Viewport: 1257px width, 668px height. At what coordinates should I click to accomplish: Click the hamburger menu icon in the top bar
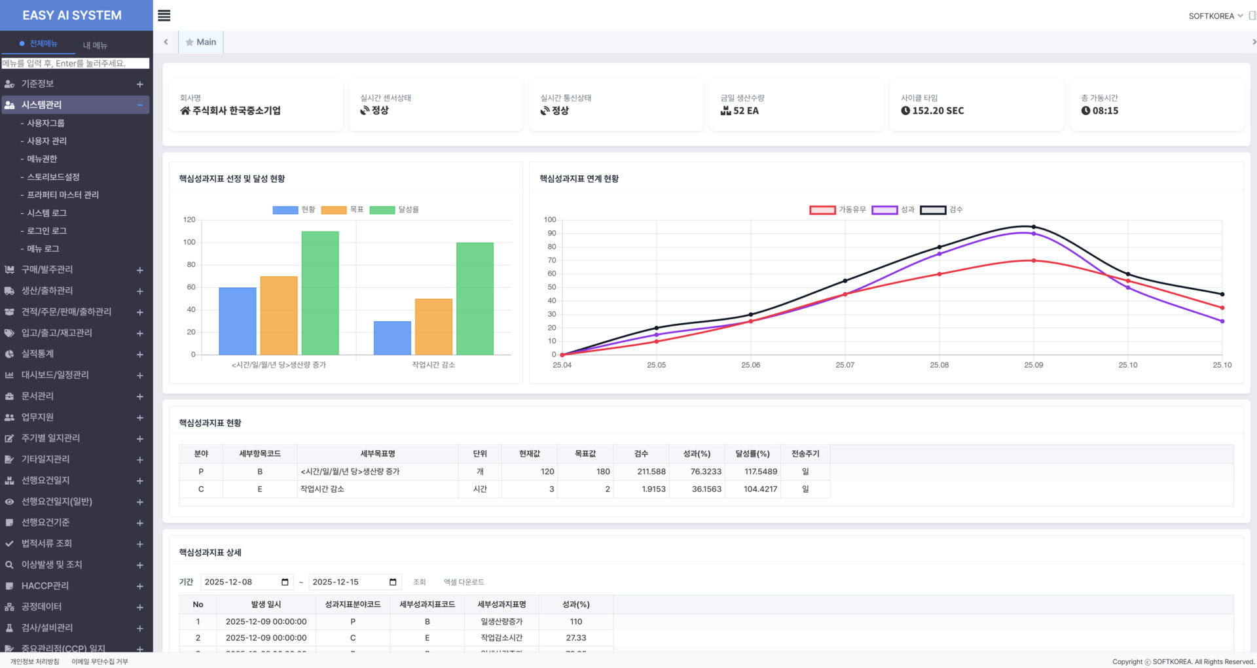164,16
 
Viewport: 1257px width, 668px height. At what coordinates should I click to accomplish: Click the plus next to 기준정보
139,84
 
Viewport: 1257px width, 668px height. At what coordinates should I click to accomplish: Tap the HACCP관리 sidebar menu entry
45,586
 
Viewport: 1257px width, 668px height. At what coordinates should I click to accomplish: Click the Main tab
201,42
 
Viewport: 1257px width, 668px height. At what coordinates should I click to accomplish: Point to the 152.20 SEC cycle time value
938,111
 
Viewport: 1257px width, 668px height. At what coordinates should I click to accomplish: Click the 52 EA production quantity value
746,111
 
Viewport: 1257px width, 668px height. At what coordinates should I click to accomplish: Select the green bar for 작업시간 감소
475,299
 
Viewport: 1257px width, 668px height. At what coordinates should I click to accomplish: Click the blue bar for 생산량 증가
238,321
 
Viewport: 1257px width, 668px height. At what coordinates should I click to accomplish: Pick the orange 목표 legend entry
342,209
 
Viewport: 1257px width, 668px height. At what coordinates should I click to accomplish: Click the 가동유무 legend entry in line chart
837,209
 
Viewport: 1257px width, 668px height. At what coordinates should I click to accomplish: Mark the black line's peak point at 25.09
1034,227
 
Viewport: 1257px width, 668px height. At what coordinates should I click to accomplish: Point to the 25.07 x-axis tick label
845,365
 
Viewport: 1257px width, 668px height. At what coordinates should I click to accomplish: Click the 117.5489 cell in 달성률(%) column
761,471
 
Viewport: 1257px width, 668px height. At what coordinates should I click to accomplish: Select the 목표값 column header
585,453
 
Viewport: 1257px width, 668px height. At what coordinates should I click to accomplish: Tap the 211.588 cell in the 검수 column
651,471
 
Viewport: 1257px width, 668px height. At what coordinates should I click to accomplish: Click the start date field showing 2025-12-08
246,582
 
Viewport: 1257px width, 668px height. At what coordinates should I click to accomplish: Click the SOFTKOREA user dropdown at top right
1216,16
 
